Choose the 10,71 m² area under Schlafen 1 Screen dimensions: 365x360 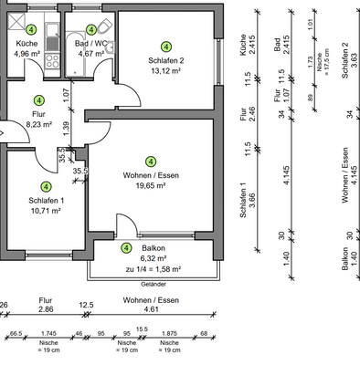(44, 210)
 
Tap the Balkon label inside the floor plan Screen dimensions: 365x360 (154, 247)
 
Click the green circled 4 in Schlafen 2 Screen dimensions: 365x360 (165, 47)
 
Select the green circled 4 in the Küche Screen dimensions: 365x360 (32, 30)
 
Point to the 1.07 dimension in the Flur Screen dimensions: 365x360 (66, 91)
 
